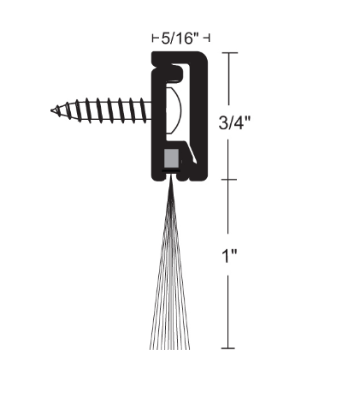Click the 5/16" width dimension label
(x=180, y=38)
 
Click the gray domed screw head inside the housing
(x=172, y=109)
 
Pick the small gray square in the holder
(x=171, y=158)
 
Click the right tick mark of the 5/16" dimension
(x=209, y=38)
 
